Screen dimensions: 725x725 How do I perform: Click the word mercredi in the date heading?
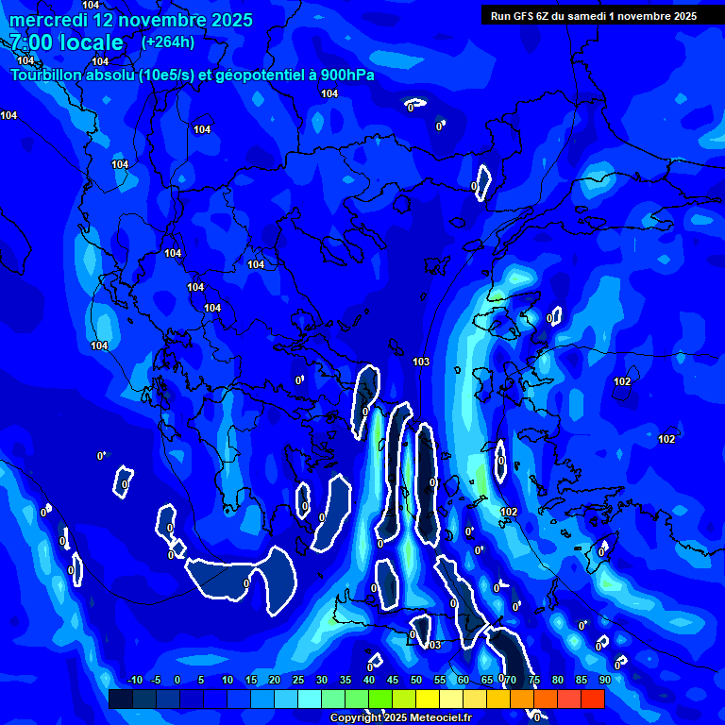point(48,20)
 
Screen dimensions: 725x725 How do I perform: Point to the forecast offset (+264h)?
point(168,42)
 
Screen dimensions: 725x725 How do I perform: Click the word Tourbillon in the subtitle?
point(45,75)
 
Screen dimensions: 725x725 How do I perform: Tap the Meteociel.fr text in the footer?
point(441,718)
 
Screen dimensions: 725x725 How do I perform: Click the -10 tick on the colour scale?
point(134,681)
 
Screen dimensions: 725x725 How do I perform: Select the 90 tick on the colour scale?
point(604,681)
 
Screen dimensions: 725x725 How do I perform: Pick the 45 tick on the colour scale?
point(392,681)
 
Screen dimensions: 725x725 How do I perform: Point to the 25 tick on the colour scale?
point(297,681)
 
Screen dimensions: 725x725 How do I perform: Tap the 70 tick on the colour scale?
point(510,681)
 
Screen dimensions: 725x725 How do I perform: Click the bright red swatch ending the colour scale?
point(592,699)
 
